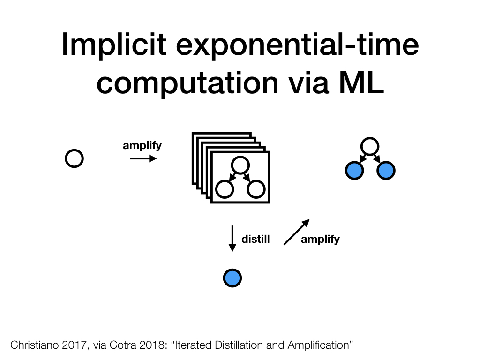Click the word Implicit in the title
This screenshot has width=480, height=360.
tap(114, 45)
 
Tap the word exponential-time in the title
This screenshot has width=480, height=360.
tap(297, 45)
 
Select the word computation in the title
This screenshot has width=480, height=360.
tap(187, 83)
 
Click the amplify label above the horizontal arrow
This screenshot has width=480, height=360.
tap(142, 146)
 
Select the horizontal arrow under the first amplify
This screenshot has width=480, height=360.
tap(143, 158)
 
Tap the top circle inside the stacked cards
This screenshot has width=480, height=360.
tap(240, 165)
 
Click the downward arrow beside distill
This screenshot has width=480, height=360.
tap(232, 239)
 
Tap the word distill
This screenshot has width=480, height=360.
tap(255, 239)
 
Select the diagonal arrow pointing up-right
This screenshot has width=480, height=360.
tap(297, 232)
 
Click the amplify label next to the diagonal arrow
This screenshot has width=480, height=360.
tap(320, 240)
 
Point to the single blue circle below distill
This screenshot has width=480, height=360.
tap(232, 278)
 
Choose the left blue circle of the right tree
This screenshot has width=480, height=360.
tap(354, 171)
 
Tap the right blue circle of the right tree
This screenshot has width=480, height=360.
tap(386, 171)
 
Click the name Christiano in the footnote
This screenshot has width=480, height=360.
tap(35, 345)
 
